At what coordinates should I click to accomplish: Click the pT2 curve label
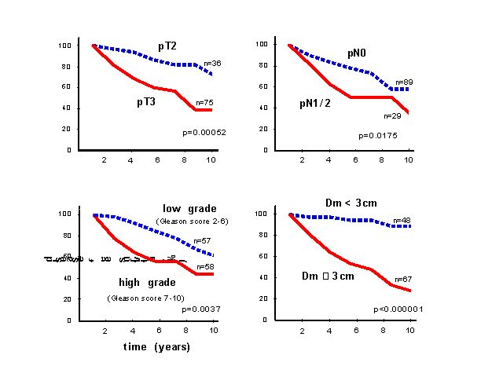click(x=167, y=47)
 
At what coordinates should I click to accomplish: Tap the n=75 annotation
click(x=204, y=102)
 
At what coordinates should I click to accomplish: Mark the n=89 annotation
click(x=404, y=82)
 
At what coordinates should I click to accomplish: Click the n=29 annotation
click(x=393, y=115)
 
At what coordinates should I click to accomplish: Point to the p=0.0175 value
click(x=376, y=135)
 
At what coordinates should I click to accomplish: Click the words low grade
click(x=183, y=208)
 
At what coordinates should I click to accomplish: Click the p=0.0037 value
click(x=200, y=309)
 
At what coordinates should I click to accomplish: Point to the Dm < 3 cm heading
click(x=351, y=203)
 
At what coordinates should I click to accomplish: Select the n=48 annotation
click(x=402, y=220)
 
